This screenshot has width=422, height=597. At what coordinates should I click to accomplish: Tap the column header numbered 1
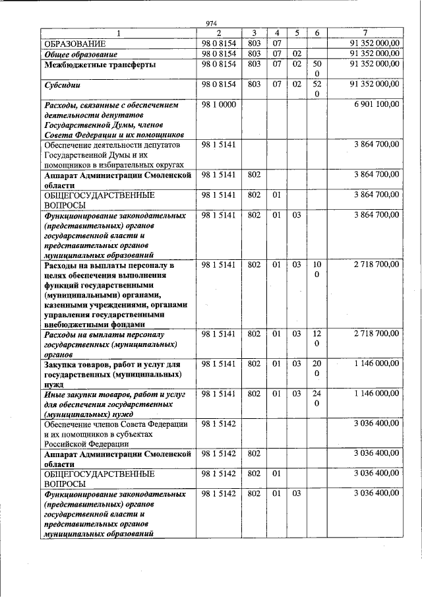[119, 33]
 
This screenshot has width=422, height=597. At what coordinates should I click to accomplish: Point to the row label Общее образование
[80, 53]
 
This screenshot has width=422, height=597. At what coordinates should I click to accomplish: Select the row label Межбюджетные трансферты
[100, 65]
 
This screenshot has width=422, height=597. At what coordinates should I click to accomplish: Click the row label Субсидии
[61, 85]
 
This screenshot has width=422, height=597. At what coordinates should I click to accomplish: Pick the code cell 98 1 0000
[218, 105]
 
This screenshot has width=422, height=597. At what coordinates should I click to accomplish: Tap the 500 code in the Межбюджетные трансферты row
[316, 69]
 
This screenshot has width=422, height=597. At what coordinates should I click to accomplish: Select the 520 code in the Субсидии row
[316, 89]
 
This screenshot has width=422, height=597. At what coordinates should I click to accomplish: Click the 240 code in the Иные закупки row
[316, 398]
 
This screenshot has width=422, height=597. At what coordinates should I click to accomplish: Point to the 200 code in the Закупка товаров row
[316, 369]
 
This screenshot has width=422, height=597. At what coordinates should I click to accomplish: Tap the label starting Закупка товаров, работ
[116, 373]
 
